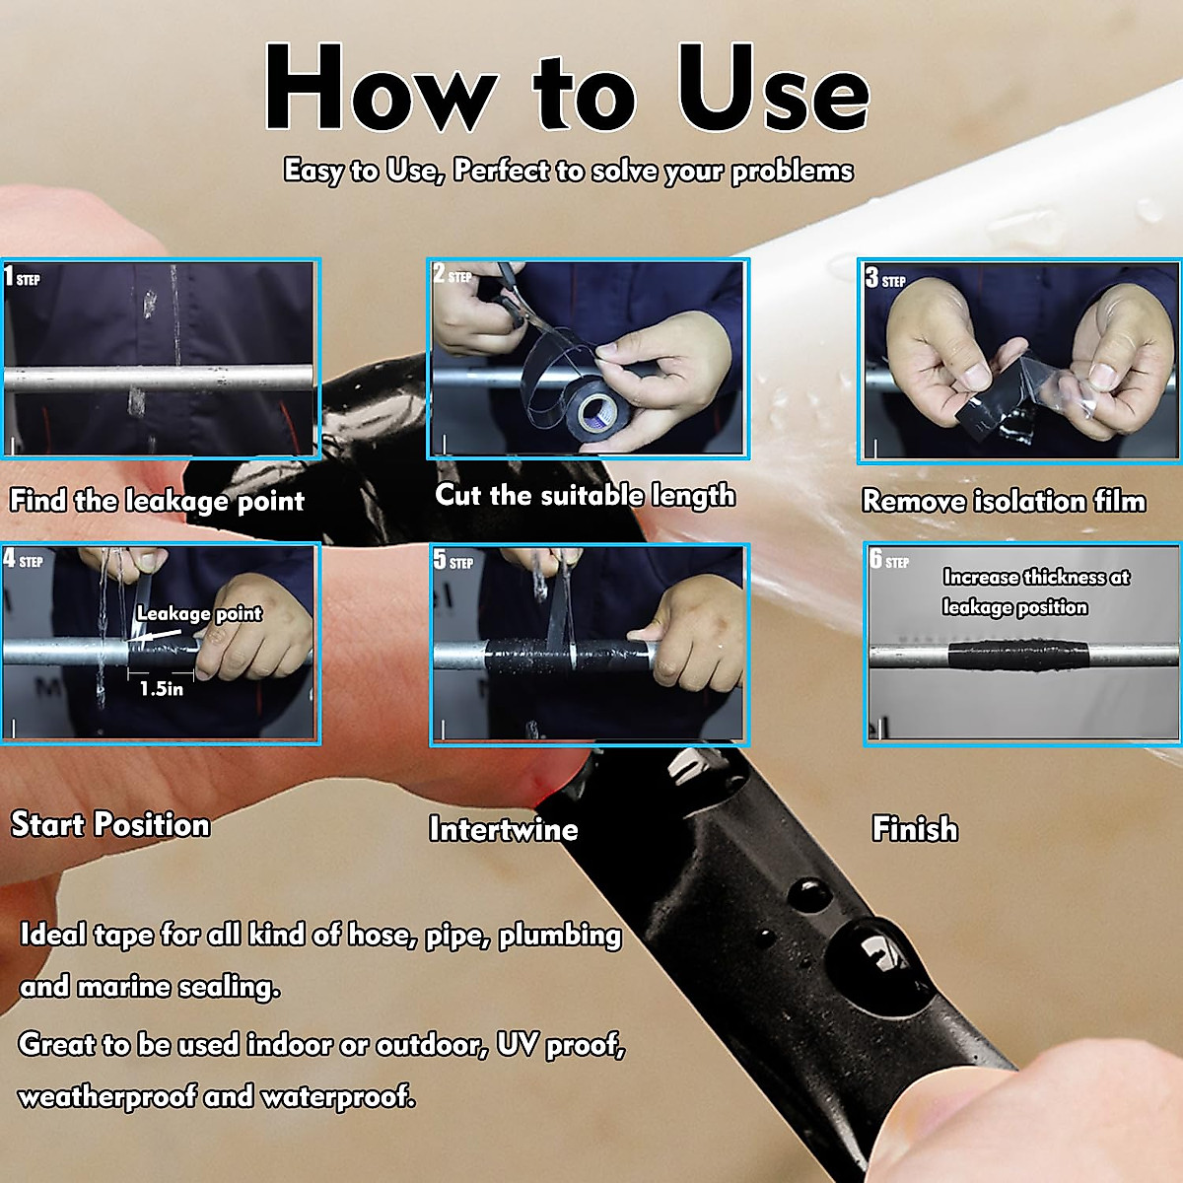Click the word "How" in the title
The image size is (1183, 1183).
point(381,87)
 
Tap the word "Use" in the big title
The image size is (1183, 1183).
point(774,87)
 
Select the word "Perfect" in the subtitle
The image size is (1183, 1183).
point(501,170)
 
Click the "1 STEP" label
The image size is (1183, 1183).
point(22,277)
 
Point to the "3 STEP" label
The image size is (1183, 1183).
point(885,278)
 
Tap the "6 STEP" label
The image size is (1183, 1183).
point(889,560)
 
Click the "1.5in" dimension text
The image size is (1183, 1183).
point(162,688)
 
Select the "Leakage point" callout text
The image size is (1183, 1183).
point(199,613)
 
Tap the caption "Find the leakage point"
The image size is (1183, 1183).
point(157,501)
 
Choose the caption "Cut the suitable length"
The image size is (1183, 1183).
point(585,496)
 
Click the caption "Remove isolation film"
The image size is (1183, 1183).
point(1005,501)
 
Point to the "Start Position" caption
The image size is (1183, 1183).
point(110,824)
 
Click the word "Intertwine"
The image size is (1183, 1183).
point(504,829)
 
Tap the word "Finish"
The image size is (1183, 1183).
point(915,828)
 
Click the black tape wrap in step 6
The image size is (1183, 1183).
point(1017,655)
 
